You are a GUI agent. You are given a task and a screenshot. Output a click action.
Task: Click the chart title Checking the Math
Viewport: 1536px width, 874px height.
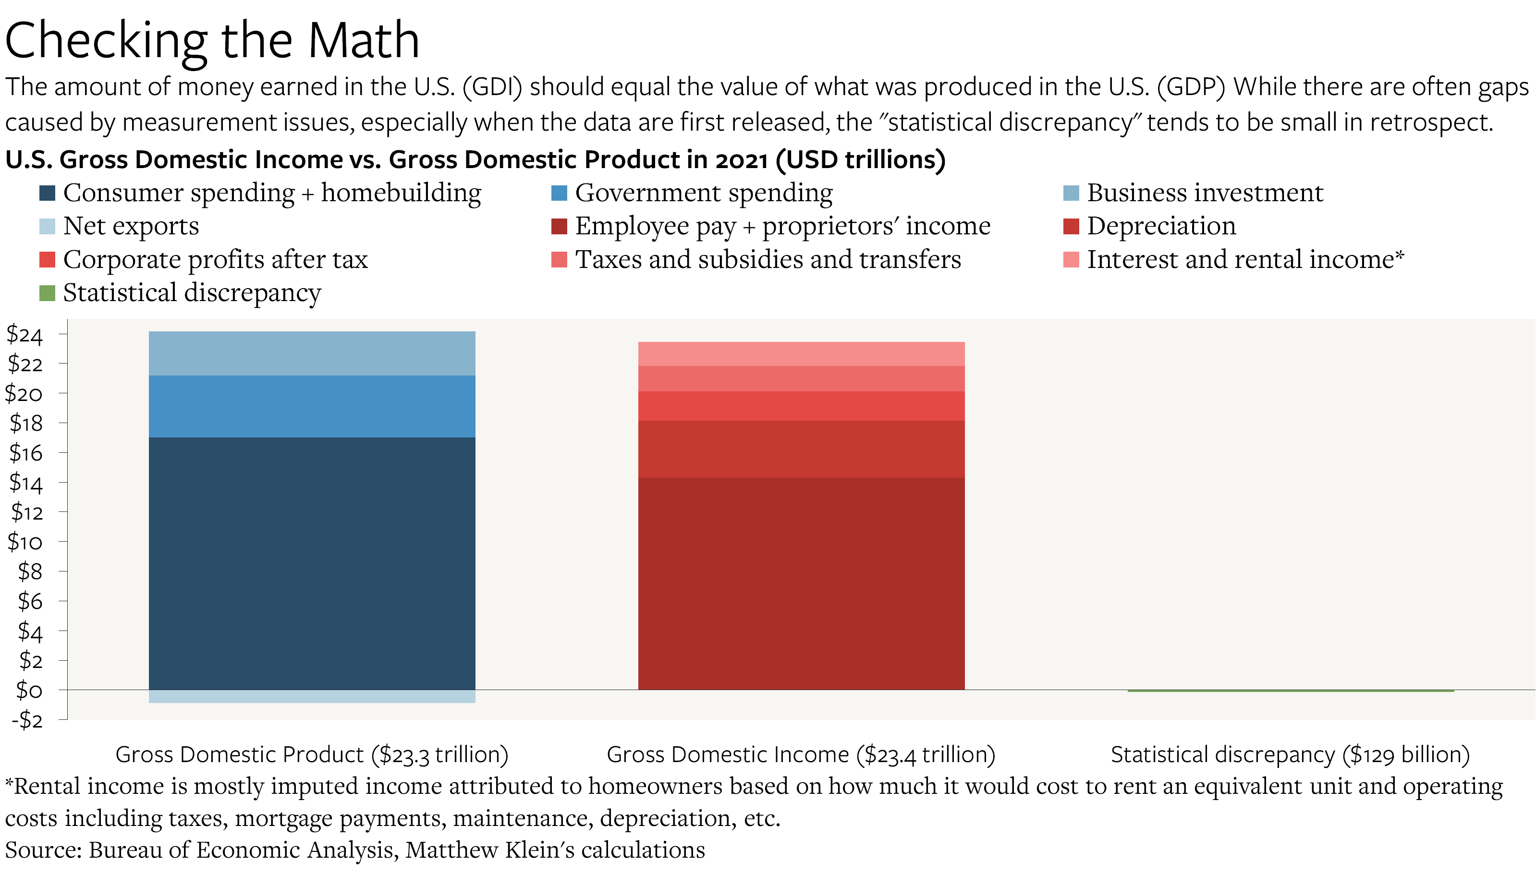[212, 41]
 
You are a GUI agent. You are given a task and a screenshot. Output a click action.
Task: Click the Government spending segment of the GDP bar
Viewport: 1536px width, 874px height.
[312, 406]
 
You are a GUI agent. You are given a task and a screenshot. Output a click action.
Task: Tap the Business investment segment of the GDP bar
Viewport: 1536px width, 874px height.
[312, 353]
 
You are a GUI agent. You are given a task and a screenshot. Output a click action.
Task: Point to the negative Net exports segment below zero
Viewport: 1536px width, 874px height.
[312, 696]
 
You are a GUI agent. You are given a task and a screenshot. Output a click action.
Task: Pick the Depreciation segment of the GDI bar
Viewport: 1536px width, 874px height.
[801, 449]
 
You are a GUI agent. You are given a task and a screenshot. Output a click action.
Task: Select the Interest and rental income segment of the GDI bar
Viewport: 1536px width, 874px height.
[801, 353]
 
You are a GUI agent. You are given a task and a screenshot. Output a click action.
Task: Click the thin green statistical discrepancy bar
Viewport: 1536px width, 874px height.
[1290, 691]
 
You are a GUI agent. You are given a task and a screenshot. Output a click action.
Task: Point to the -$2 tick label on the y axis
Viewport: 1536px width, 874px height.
[27, 720]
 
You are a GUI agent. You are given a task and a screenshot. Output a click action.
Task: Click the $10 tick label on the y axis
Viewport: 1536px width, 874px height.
[24, 542]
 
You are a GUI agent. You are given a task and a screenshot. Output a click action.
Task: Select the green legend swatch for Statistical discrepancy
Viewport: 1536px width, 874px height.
[47, 293]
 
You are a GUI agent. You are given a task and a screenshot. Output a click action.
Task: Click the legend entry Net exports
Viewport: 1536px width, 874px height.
[131, 226]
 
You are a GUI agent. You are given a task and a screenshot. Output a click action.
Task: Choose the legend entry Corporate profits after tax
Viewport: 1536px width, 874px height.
[215, 259]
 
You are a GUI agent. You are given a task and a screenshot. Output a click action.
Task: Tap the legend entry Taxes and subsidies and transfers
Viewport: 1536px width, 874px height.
[768, 259]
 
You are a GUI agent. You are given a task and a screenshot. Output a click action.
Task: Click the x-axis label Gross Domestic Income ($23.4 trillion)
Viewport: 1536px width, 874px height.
[801, 754]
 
